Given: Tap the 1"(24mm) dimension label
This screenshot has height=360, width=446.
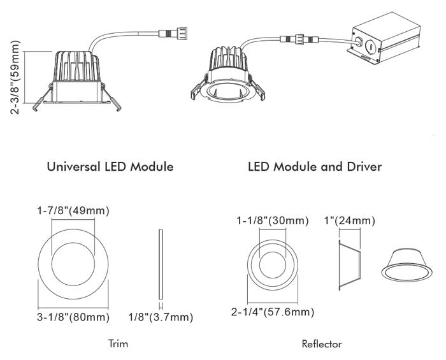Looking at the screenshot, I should [x=349, y=221].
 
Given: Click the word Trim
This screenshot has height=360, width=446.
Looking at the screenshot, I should [x=118, y=344].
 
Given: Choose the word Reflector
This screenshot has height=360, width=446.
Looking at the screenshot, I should [x=322, y=344].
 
